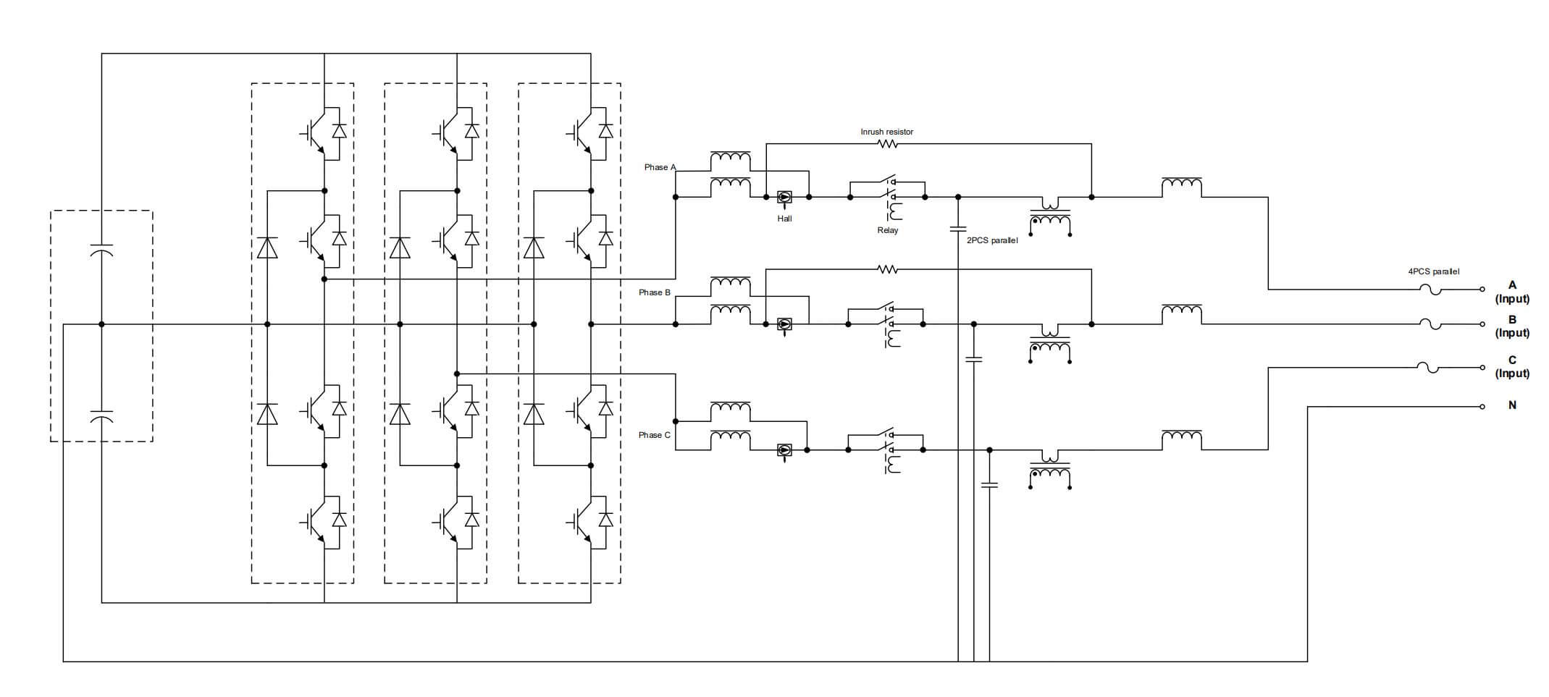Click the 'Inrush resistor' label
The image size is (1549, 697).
pos(886,132)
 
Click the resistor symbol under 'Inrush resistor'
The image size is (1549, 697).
pos(888,144)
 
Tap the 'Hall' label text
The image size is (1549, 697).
pos(784,219)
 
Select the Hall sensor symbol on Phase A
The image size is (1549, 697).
pos(784,197)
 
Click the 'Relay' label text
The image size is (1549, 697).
pos(887,230)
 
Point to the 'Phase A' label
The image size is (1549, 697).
pos(660,167)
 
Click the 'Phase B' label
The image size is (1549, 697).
pos(654,292)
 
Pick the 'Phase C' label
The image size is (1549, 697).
pos(654,435)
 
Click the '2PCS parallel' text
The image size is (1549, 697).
pos(992,240)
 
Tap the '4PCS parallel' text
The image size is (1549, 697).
pos(1433,271)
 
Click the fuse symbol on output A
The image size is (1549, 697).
pos(1430,290)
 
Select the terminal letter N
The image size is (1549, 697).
pos(1512,405)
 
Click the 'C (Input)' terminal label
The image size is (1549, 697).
pos(1512,367)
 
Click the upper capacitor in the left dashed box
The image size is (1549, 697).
pos(101,251)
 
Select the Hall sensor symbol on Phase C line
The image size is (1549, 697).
pos(784,450)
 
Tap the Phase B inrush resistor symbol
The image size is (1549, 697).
pos(888,269)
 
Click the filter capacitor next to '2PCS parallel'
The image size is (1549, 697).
pos(958,229)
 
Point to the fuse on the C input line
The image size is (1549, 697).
pos(1430,368)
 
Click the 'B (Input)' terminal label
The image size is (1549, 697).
pos(1512,326)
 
